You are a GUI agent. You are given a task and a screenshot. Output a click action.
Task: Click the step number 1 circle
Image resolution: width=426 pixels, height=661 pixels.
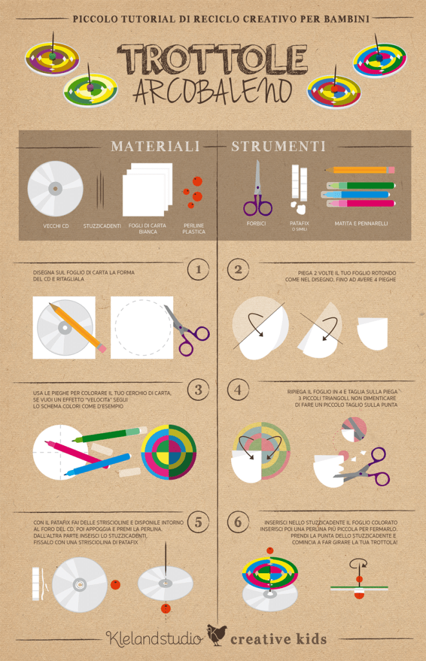tap(198, 269)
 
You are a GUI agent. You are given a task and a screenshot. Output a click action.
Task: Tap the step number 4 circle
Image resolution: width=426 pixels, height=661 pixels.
tap(238, 390)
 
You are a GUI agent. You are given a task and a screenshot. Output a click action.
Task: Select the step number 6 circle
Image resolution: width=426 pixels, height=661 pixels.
tap(238, 522)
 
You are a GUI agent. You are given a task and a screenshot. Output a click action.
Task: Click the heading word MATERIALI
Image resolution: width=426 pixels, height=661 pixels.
tap(155, 147)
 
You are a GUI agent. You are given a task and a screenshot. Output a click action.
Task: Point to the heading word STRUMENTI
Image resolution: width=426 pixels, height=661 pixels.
tap(278, 147)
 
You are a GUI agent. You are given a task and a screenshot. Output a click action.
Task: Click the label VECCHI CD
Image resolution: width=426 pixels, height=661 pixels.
tap(56, 226)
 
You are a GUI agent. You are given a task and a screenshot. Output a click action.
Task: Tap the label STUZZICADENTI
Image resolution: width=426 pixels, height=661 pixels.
tap(102, 226)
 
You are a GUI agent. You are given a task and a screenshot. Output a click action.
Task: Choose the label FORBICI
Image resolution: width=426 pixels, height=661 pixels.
tap(256, 223)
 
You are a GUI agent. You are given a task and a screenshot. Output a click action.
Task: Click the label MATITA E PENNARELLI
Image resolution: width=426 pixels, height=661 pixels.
tap(361, 223)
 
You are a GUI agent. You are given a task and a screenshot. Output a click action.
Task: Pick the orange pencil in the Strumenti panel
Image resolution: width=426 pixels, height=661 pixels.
tap(360, 170)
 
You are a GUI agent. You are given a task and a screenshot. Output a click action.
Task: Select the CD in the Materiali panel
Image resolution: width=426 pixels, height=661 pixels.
tap(56, 188)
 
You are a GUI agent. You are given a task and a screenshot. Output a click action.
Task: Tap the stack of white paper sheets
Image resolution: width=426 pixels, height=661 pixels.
tap(147, 189)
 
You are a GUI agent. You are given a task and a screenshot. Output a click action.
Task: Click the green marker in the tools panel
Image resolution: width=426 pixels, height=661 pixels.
tap(361, 185)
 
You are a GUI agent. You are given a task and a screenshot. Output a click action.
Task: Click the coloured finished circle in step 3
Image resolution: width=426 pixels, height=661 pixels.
tap(168, 451)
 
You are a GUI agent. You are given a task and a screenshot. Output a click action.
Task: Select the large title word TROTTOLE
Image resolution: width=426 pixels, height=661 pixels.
tap(212, 59)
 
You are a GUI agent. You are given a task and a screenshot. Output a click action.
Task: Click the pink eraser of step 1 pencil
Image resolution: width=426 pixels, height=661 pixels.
tap(101, 348)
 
